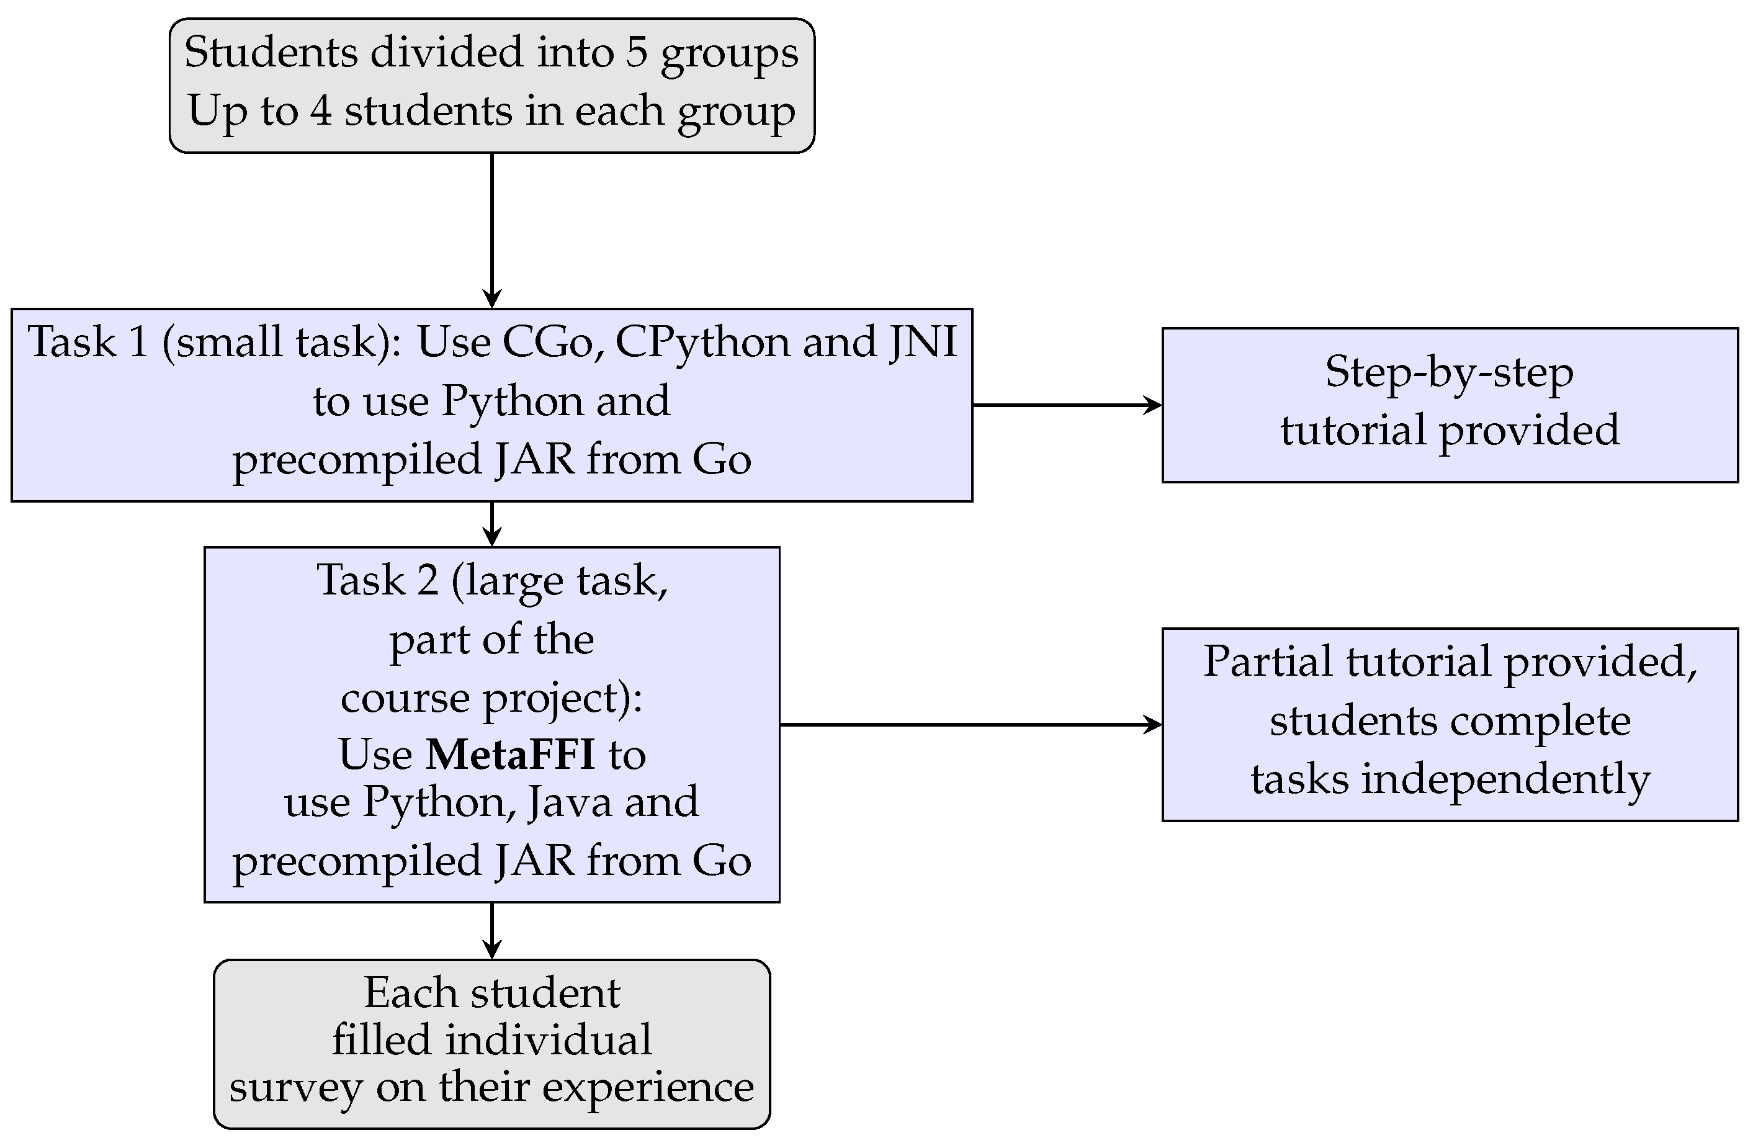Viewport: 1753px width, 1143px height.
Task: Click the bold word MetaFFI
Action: [x=511, y=755]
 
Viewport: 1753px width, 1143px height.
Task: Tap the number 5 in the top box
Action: [x=637, y=52]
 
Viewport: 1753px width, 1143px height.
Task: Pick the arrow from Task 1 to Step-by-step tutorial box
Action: [x=1067, y=405]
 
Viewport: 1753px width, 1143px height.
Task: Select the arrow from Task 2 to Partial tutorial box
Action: [x=971, y=725]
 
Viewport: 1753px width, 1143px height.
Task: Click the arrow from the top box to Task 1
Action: [x=492, y=230]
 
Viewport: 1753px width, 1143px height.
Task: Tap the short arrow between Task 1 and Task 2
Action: [x=492, y=524]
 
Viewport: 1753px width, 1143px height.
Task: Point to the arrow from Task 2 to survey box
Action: [x=492, y=931]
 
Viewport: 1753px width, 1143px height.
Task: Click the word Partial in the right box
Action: [x=1268, y=661]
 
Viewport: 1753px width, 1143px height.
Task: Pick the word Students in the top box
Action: [x=271, y=53]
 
